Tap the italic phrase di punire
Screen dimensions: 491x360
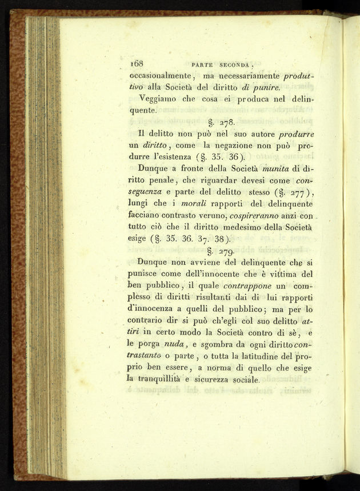click(260, 87)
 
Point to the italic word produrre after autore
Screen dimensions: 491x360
click(296, 134)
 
